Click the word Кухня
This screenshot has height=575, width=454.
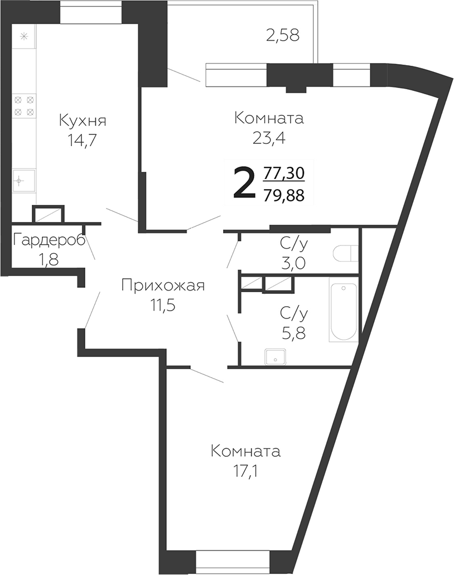[83, 120]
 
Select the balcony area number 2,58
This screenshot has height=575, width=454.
[282, 36]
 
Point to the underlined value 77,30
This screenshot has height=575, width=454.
[283, 173]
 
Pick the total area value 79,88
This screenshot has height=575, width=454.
[283, 195]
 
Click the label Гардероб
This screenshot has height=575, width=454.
[49, 240]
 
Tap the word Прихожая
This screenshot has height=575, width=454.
[163, 286]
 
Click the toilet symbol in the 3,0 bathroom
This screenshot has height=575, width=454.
[344, 254]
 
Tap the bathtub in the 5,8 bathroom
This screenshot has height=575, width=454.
[342, 312]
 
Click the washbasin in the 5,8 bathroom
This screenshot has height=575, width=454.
[275, 356]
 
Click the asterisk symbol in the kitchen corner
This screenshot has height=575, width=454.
[23, 37]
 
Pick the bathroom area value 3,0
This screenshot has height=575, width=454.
[292, 263]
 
